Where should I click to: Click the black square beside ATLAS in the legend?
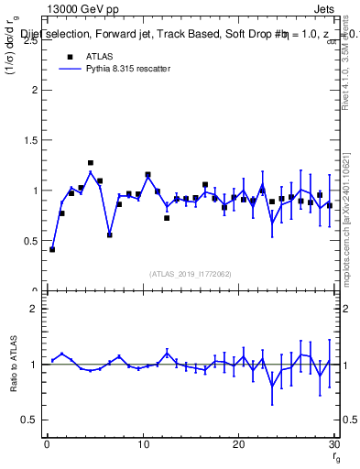pyautogui.click(x=68, y=56)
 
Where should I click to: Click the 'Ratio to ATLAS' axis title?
pyautogui.click(x=13, y=364)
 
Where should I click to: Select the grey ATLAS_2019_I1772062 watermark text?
pyautogui.click(x=191, y=273)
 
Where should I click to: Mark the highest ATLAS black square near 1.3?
pyautogui.click(x=91, y=163)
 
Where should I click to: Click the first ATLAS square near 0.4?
pyautogui.click(x=52, y=249)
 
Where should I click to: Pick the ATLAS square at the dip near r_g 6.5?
pyautogui.click(x=110, y=234)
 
